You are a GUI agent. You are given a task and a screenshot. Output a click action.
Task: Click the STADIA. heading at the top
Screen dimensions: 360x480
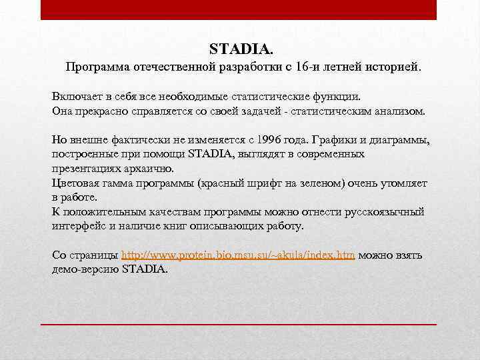(x=241, y=49)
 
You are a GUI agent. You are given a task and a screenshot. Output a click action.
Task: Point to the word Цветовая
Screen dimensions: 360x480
(x=75, y=183)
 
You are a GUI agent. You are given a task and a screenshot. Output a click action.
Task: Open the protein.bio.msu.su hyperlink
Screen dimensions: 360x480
(x=238, y=255)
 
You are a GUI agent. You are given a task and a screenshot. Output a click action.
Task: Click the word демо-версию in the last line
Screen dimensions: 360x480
(x=86, y=269)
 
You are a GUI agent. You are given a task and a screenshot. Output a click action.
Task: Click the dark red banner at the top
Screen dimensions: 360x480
(x=239, y=9)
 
